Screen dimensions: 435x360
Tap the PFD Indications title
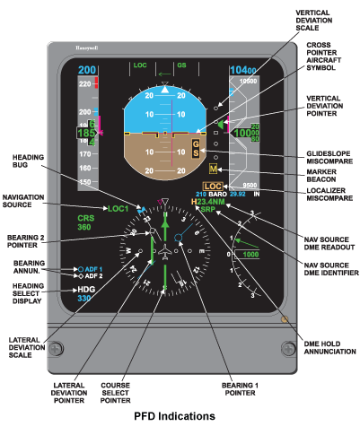coord(174,417)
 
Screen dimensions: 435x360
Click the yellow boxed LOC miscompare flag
coord(213,186)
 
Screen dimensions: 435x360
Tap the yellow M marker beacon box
coord(213,169)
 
